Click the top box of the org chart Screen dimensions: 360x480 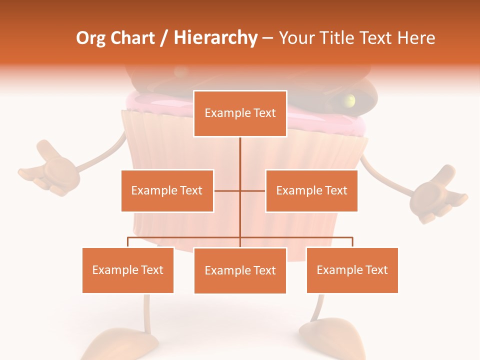pos(240,113)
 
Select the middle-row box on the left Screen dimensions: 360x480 pos(167,190)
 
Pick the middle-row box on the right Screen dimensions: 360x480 pos(311,190)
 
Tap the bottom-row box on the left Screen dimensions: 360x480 pos(128,270)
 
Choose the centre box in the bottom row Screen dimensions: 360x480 pos(240,270)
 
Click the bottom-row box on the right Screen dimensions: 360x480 pos(352,270)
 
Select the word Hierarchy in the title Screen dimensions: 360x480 pos(215,38)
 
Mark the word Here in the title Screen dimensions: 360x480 pos(416,37)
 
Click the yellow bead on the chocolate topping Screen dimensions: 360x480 pos(350,100)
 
